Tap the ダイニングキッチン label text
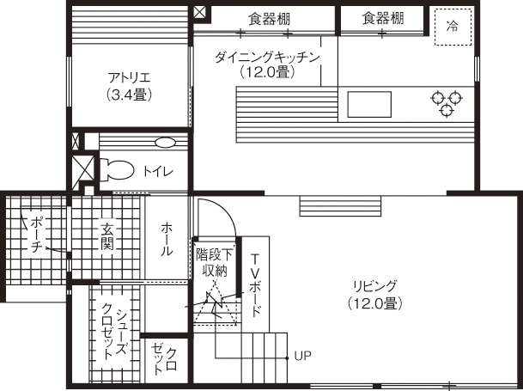(x=267, y=64)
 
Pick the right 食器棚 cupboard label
(x=381, y=17)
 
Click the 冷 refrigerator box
(x=452, y=25)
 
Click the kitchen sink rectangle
(x=369, y=104)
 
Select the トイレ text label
(x=158, y=171)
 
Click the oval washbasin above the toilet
(x=165, y=142)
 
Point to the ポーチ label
(x=36, y=235)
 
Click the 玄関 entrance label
(x=107, y=236)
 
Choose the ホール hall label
(x=167, y=239)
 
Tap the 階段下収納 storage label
(x=214, y=262)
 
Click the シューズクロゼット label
(x=115, y=331)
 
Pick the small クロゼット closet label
(x=165, y=358)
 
